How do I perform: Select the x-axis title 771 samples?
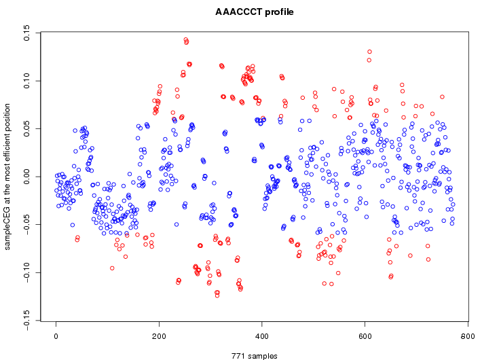[252, 355]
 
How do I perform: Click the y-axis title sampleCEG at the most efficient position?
[8, 177]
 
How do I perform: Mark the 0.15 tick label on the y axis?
[27, 33]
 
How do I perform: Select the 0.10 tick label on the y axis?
[27, 81]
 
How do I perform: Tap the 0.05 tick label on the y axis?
[27, 129]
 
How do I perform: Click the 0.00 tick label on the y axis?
[27, 177]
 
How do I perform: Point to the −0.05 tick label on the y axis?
[27, 225]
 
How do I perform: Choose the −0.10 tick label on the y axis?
[27, 273]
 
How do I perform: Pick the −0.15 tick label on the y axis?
[27, 321]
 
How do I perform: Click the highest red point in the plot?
[185, 40]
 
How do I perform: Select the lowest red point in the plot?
[217, 295]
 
